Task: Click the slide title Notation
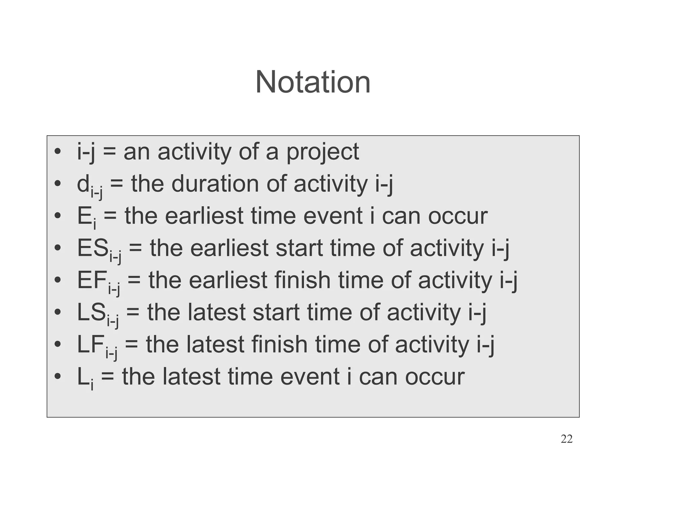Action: (313, 82)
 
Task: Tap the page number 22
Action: (567, 439)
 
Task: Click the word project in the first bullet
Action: (323, 152)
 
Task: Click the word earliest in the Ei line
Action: (204, 216)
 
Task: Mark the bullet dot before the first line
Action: (58, 152)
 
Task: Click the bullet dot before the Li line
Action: (58, 377)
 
